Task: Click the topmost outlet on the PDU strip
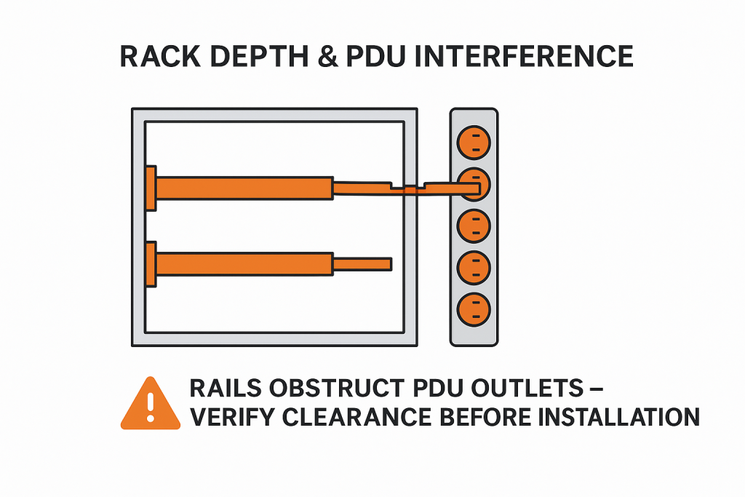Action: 474,141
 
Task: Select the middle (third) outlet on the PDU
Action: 474,225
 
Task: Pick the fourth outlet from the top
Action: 474,267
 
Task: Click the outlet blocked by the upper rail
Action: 474,182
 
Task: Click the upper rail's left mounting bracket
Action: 151,188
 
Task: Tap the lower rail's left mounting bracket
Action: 151,264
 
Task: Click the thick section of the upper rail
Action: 244,188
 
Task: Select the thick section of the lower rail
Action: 244,263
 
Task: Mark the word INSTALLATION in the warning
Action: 619,417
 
